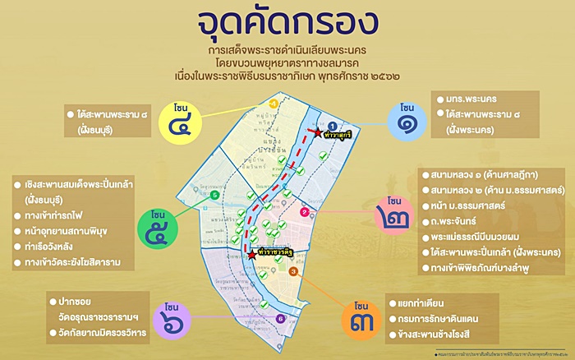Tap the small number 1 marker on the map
point(322,124)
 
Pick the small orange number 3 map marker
point(293,272)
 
